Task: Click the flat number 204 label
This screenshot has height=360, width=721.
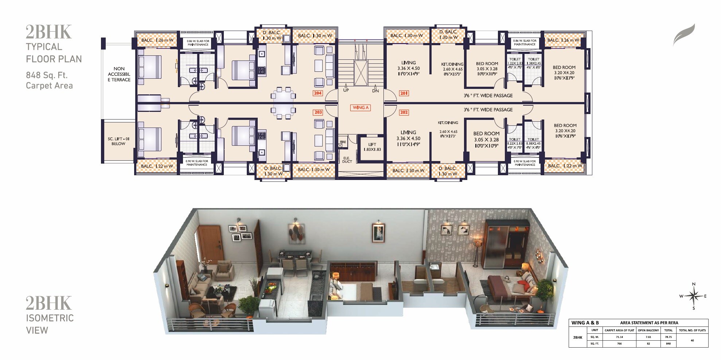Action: point(317,93)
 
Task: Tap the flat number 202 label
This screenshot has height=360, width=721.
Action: point(404,112)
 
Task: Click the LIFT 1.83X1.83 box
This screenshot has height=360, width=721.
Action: point(371,147)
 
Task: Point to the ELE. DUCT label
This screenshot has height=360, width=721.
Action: point(347,160)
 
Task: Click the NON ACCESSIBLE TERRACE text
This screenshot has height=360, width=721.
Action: point(119,74)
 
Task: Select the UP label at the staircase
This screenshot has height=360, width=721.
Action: point(345,90)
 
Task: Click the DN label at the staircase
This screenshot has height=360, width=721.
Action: point(375,90)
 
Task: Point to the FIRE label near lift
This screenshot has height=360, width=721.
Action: point(343,142)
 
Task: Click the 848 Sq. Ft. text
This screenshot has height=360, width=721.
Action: point(47,75)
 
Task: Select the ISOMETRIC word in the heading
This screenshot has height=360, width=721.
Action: point(50,318)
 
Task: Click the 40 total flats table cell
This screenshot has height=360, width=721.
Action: point(692,340)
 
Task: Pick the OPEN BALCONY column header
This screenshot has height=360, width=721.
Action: point(648,330)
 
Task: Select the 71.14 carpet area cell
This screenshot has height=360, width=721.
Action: point(619,337)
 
